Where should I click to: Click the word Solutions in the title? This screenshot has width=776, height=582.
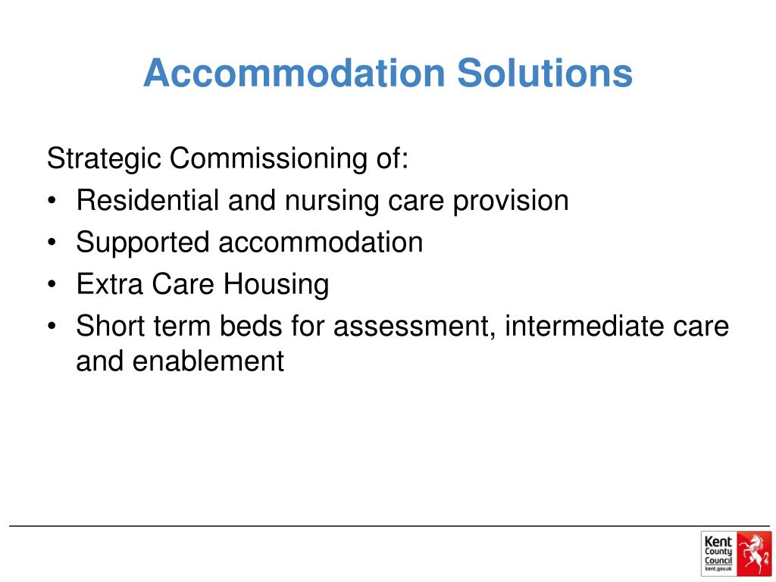[x=544, y=74]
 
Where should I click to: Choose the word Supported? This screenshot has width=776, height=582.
[x=142, y=243]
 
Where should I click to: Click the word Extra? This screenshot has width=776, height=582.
[x=109, y=284]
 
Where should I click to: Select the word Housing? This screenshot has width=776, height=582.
[x=276, y=286]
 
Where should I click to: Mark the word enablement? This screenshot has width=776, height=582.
[x=208, y=361]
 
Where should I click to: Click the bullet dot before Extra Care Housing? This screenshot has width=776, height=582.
[x=51, y=285]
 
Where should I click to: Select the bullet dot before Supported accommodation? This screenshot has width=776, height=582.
[x=51, y=243]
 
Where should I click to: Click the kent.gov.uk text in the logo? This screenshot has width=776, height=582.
[x=718, y=568]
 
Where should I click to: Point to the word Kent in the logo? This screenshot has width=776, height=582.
[x=718, y=540]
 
